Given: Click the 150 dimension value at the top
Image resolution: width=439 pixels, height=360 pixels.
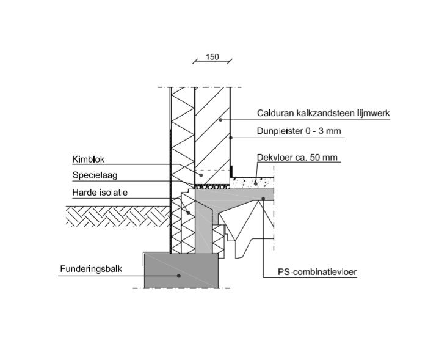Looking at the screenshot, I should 212,57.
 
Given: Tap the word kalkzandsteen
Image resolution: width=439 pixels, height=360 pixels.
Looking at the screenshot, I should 322,113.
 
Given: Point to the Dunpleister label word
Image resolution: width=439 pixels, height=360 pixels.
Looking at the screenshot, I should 281,131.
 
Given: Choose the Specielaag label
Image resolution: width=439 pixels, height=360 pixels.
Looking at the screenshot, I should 93,175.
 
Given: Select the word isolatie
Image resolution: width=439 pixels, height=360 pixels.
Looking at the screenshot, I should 112,193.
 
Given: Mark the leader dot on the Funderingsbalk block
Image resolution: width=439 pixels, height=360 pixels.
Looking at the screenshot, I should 179,276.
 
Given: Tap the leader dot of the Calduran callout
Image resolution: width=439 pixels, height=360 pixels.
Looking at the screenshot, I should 220,120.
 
